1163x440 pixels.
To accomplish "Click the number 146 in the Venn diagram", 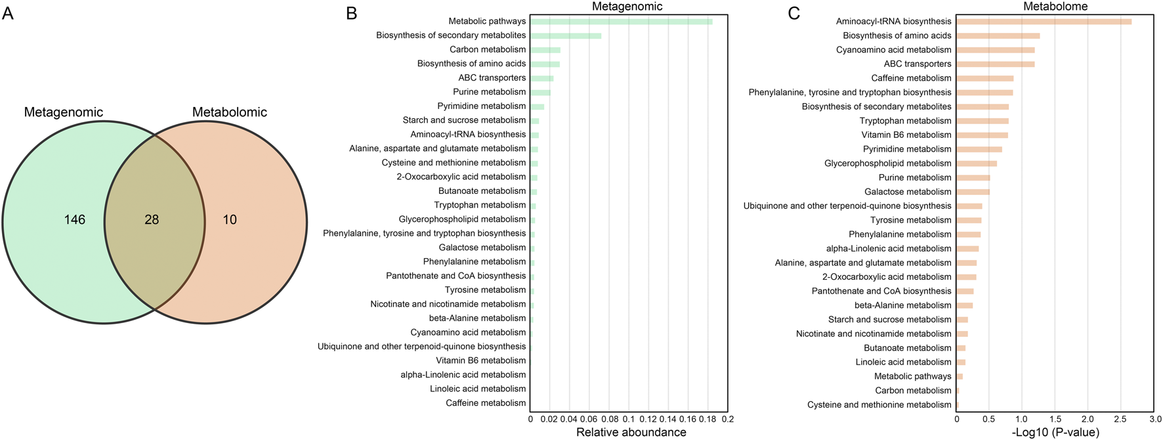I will pyautogui.click(x=75, y=220).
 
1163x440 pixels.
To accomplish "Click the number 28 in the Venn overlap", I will pyautogui.click(x=152, y=220).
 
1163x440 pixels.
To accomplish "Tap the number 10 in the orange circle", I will pyautogui.click(x=230, y=220).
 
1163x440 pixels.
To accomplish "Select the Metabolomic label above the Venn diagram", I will pyautogui.click(x=229, y=112).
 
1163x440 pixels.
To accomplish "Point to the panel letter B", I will pyautogui.click(x=352, y=13).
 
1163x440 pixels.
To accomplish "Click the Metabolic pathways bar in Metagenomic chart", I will pyautogui.click(x=621, y=22).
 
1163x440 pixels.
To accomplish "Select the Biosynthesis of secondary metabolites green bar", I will pyautogui.click(x=565, y=35).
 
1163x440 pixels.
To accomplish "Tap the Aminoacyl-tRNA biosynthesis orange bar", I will pyautogui.click(x=1044, y=22).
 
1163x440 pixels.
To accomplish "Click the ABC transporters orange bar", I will pyautogui.click(x=995, y=64).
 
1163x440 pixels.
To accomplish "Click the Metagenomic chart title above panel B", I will pyautogui.click(x=627, y=7).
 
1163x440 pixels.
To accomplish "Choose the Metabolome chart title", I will pyautogui.click(x=1055, y=7).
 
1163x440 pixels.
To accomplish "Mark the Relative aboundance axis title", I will pyautogui.click(x=631, y=432).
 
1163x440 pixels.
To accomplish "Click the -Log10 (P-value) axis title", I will pyautogui.click(x=1055, y=432).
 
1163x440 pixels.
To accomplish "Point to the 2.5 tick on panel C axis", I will pyautogui.click(x=1120, y=419).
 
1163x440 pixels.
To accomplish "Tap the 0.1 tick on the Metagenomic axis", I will pyautogui.click(x=629, y=419).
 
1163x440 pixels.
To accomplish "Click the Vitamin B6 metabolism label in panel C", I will pyautogui.click(x=906, y=135).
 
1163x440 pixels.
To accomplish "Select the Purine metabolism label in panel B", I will pyautogui.click(x=489, y=92).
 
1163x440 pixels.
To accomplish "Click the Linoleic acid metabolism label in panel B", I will pyautogui.click(x=477, y=389).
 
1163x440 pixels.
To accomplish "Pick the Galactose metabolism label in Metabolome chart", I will pyautogui.click(x=907, y=192).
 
